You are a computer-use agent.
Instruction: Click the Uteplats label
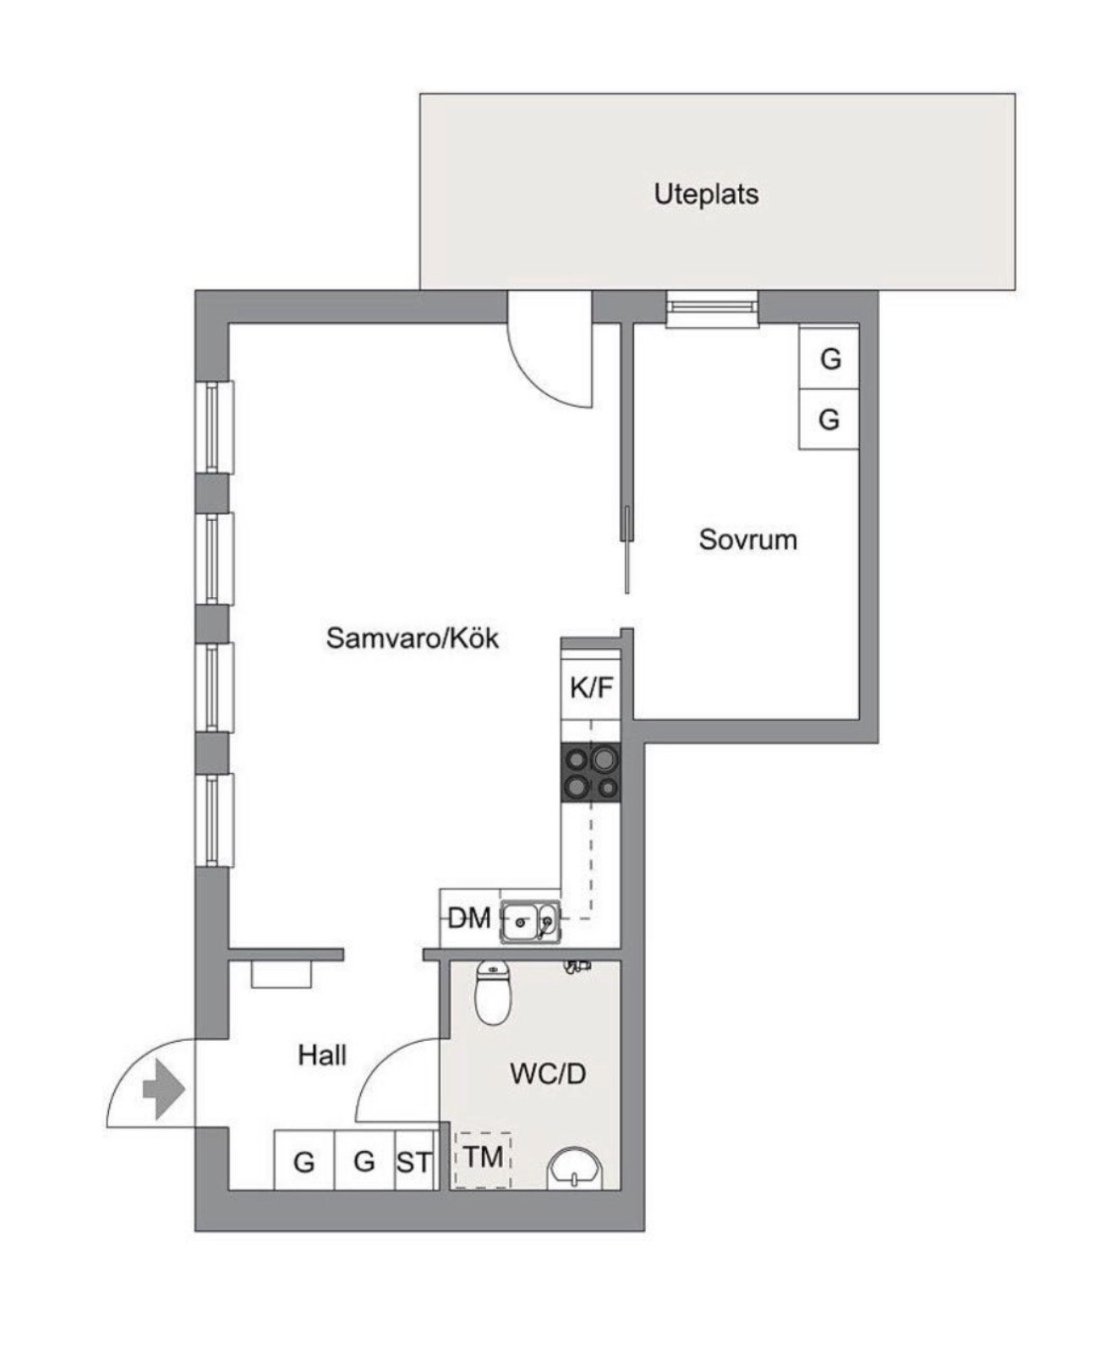pos(706,194)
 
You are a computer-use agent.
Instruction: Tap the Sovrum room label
pos(748,540)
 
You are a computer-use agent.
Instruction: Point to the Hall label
pos(322,1055)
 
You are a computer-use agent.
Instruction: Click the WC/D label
pos(548,1074)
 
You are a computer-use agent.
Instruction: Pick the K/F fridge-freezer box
pos(591,687)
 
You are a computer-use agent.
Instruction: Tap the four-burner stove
pos(591,772)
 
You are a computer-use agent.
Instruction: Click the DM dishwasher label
pos(469,918)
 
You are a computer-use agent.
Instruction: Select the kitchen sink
pos(530,922)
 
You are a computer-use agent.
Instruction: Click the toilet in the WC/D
pos(494,993)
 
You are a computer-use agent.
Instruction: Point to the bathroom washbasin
pos(576,1169)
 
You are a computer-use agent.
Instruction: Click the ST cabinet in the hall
pos(415,1160)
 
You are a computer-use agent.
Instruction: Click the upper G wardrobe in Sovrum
pos(829,359)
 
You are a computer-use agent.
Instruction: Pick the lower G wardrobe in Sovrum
pos(829,419)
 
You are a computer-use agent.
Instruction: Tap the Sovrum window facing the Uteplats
pos(711,309)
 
